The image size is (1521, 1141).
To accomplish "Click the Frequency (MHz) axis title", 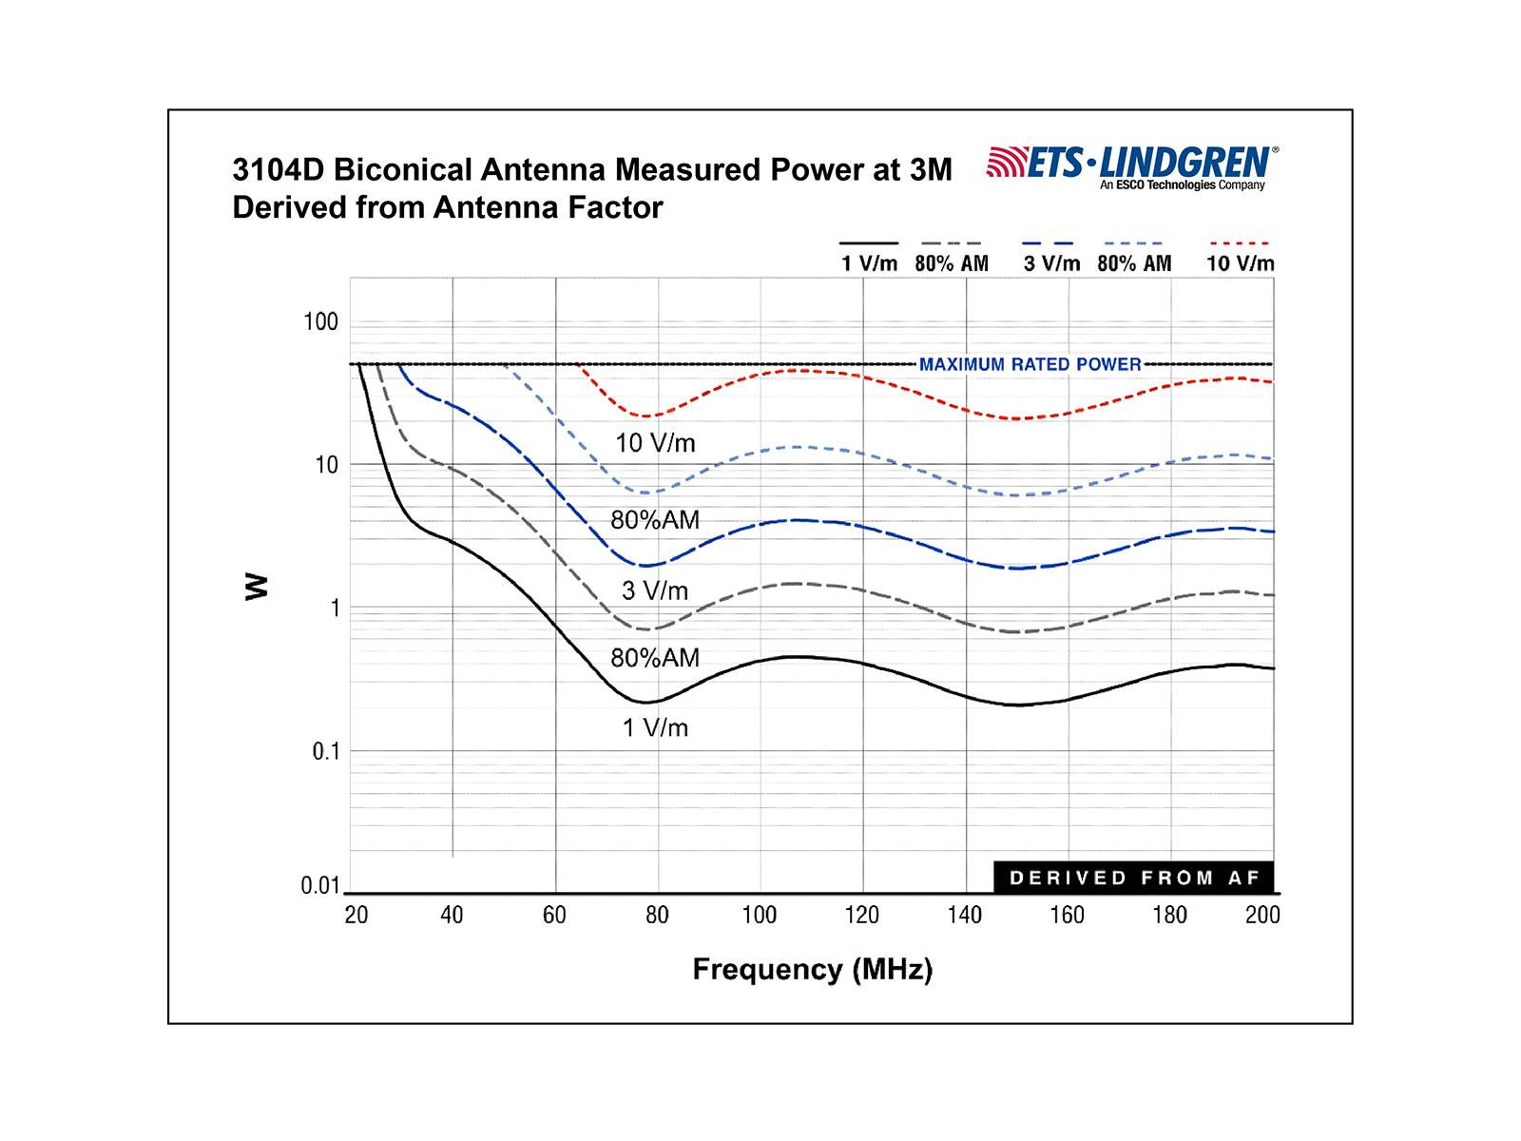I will coord(812,969).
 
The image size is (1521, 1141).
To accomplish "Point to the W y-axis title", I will coord(257,586).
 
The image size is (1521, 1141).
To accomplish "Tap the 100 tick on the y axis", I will coord(320,322).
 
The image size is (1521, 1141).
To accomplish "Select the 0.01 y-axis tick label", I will coord(320,886).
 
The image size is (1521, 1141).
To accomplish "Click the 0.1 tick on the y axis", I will coord(325,751).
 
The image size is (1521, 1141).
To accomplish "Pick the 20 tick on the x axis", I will coord(356,915).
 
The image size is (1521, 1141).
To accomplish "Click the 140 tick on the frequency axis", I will coord(964,915).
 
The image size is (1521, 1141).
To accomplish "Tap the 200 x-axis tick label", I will coord(1262,915).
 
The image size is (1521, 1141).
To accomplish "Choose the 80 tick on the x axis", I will coord(657,915).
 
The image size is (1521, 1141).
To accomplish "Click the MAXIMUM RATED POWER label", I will coord(1030,364).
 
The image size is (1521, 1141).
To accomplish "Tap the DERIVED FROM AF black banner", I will coord(1134,878).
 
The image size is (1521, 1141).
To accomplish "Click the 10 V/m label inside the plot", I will coord(655,443).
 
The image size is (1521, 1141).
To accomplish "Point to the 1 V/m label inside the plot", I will coord(655,727).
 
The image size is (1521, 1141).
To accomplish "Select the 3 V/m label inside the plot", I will coord(655,590).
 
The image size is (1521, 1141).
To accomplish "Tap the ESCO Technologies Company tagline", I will coord(1183,185).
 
